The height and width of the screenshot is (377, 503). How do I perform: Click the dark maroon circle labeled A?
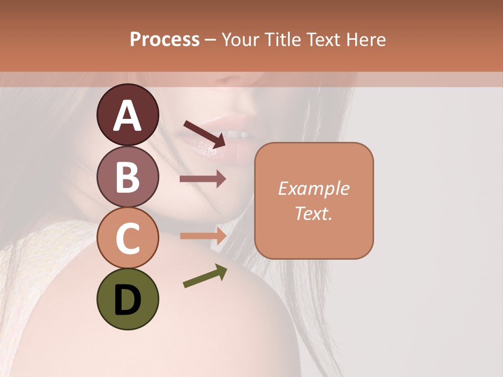coord(127,115)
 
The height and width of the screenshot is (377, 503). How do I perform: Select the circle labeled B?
coord(127,176)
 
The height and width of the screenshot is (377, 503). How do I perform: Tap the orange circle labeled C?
coord(127,238)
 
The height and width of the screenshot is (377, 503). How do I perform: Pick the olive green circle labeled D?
coord(127,299)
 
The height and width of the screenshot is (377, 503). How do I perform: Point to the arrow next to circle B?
coord(203,179)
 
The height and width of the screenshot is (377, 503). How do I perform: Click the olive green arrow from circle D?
coord(205,276)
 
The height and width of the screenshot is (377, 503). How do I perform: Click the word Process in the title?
coord(165,39)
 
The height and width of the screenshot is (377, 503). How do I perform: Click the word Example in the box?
coord(313,188)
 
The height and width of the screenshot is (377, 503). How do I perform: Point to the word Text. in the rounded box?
coord(313,213)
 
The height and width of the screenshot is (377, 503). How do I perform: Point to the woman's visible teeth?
coord(242,135)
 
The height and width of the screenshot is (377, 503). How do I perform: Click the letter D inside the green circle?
coord(127,300)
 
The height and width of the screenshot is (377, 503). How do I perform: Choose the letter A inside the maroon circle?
coord(127,116)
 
